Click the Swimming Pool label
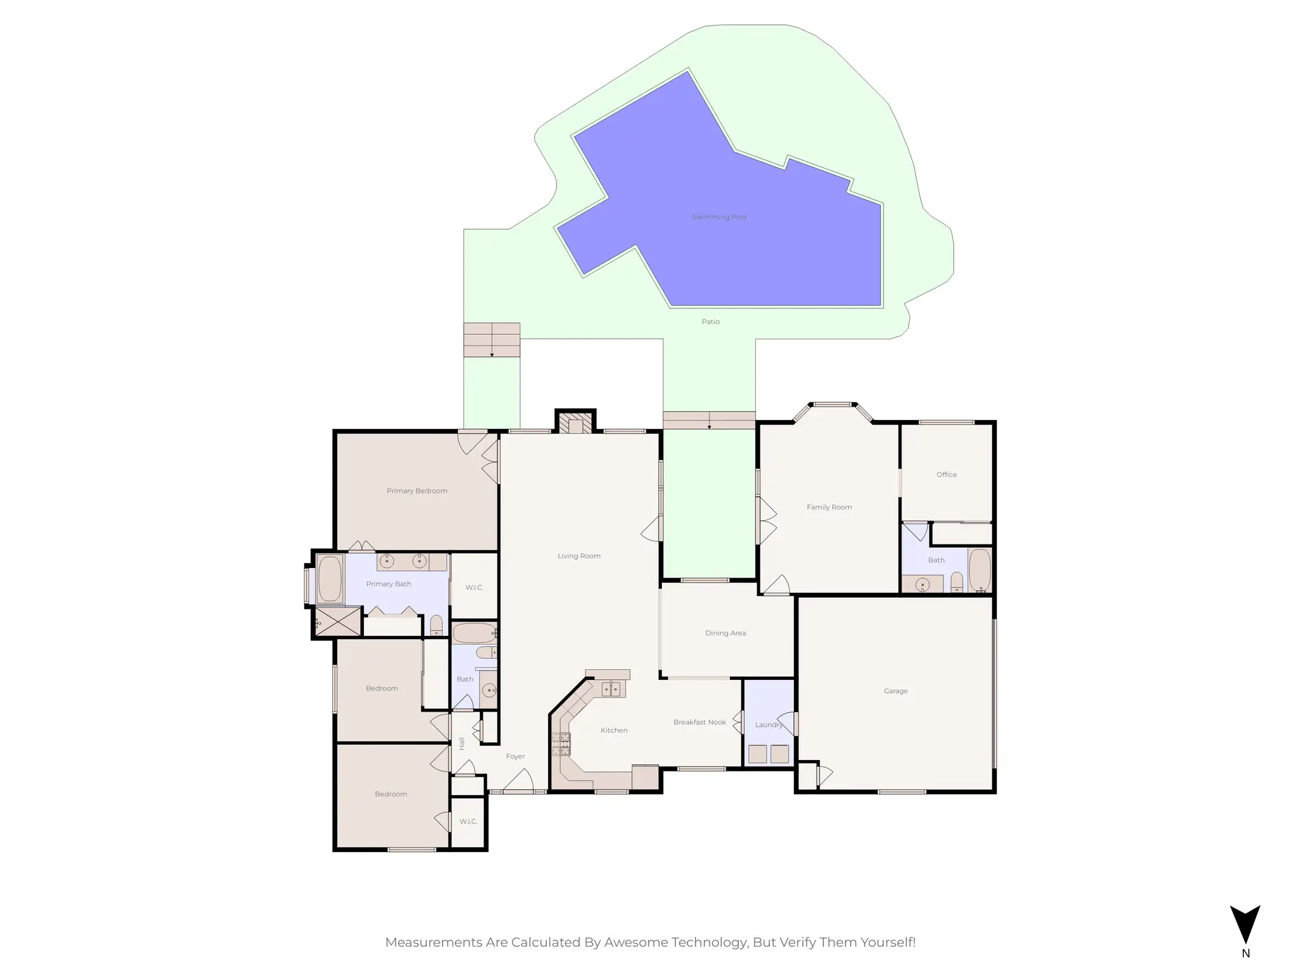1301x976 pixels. pyautogui.click(x=718, y=217)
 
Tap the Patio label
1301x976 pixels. pyautogui.click(x=710, y=322)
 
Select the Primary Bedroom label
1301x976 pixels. pyautogui.click(x=417, y=491)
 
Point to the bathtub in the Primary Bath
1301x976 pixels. pyautogui.click(x=330, y=578)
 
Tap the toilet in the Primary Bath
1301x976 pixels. pyautogui.click(x=436, y=625)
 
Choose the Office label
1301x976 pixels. pyautogui.click(x=946, y=475)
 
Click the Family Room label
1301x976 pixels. pyautogui.click(x=829, y=507)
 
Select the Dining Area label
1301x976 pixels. pyautogui.click(x=725, y=633)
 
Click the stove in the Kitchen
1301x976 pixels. pyautogui.click(x=561, y=744)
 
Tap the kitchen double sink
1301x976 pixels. pyautogui.click(x=610, y=689)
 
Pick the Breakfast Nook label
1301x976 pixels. pyautogui.click(x=699, y=722)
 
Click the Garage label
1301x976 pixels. pyautogui.click(x=895, y=691)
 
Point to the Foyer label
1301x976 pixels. pyautogui.click(x=515, y=757)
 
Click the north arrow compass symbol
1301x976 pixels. pyautogui.click(x=1244, y=925)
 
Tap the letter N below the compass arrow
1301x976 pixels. pyautogui.click(x=1245, y=954)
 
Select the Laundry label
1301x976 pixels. pyautogui.click(x=768, y=725)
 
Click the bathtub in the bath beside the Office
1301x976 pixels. pyautogui.click(x=979, y=570)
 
